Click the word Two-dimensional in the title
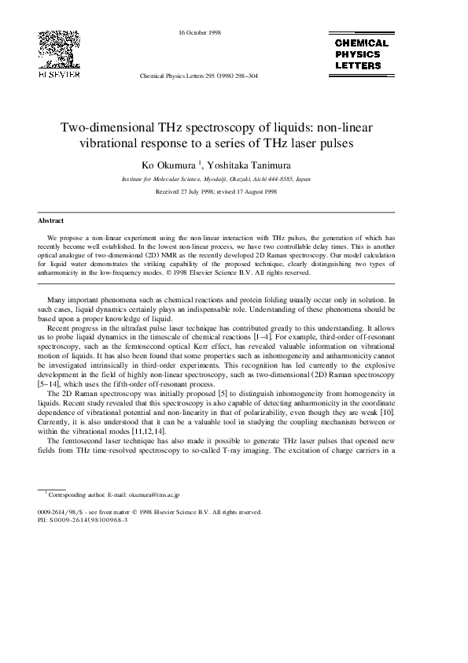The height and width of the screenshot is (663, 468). point(107,129)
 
